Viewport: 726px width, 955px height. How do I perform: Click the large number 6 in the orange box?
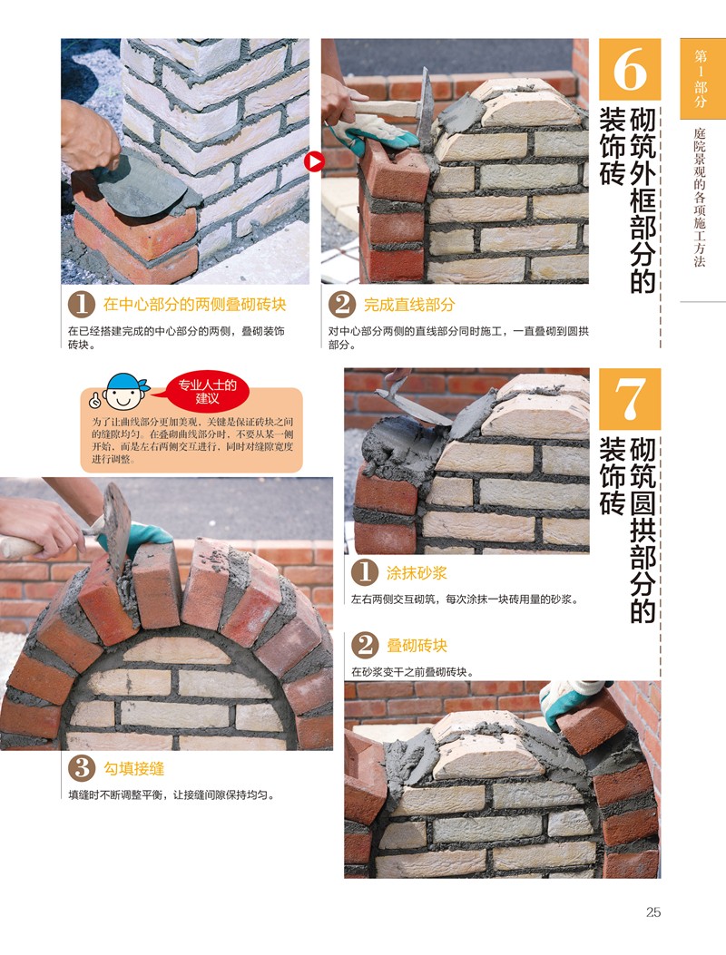tap(630, 69)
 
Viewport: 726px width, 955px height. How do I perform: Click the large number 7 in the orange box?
tap(630, 399)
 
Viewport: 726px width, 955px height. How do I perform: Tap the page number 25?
tap(653, 911)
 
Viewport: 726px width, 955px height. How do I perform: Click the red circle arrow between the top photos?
tap(315, 162)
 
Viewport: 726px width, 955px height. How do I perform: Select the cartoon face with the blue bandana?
tap(124, 393)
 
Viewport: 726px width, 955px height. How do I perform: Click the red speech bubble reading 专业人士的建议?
tap(207, 392)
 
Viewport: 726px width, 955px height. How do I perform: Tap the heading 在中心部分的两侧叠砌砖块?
tap(194, 305)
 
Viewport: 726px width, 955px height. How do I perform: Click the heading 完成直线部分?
tap(409, 305)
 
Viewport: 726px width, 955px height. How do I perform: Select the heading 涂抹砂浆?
tap(417, 573)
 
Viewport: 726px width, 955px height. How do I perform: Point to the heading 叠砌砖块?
tap(417, 646)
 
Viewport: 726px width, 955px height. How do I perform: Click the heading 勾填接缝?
tap(133, 769)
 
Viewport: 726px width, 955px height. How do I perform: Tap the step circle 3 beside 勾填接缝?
tap(82, 769)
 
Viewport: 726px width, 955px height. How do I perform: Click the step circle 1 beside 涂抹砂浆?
tap(365, 573)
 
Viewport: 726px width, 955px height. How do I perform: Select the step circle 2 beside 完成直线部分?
tap(342, 305)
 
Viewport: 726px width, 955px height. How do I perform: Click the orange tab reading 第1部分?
tap(701, 79)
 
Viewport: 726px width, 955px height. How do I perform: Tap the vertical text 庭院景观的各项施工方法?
tap(700, 197)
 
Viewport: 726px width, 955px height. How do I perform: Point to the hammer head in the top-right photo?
tap(426, 110)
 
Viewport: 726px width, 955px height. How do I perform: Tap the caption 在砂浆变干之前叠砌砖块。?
tap(413, 672)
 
